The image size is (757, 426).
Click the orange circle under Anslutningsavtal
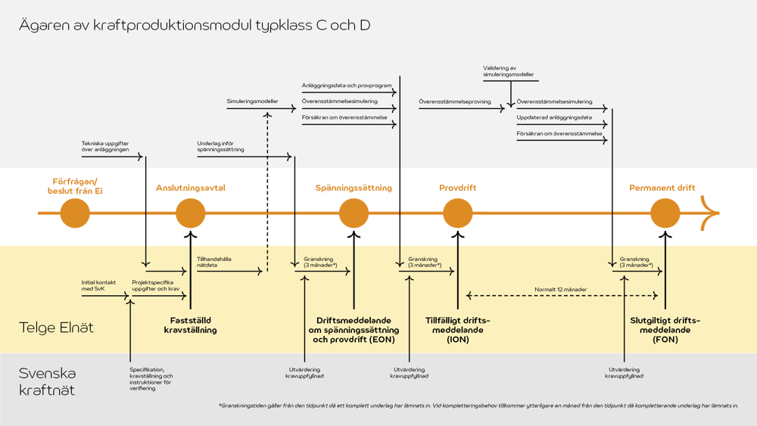[191, 213]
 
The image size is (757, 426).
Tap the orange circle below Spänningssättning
[354, 213]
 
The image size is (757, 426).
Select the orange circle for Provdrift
[458, 213]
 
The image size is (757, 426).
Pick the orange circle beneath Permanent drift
[665, 213]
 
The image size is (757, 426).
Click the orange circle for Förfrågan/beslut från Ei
[75, 213]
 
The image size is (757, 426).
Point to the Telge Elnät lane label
[56, 328]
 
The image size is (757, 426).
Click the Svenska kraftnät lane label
[47, 381]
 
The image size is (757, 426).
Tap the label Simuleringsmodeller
[252, 101]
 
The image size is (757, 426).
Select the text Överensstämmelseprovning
[455, 101]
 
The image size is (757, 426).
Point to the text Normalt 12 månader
[560, 290]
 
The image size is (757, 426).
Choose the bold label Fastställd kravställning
[191, 325]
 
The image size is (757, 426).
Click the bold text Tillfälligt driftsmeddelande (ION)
[458, 330]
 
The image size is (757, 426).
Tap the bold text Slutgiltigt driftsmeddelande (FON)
[665, 330]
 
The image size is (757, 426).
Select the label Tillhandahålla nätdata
[214, 262]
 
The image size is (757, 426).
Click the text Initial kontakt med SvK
[99, 286]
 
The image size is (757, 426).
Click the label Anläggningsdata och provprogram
[347, 86]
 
